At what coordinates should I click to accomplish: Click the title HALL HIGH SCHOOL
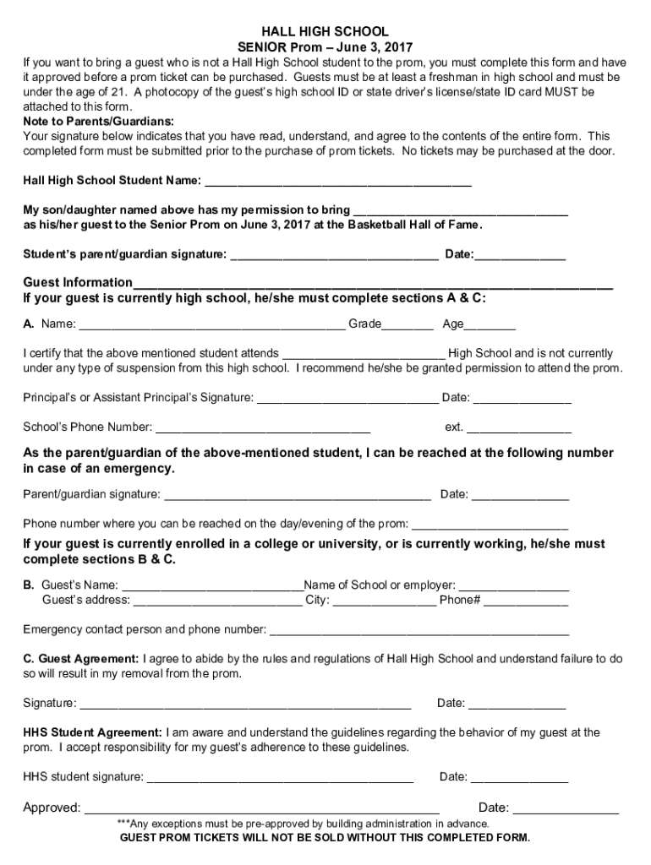325,31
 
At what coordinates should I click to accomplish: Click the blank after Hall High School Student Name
338,182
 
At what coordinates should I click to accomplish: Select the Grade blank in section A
408,325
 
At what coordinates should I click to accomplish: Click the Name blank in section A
211,325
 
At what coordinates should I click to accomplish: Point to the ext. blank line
518,428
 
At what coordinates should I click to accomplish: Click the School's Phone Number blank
263,428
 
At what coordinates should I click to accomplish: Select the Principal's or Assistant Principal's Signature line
347,399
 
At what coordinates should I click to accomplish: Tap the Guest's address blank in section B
217,601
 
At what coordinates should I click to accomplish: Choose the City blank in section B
385,601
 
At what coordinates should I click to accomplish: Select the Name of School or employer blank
514,585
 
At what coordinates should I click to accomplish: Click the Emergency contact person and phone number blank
419,631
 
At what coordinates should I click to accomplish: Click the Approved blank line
261,809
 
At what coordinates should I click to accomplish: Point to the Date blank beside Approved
566,809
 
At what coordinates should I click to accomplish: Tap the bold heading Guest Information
78,282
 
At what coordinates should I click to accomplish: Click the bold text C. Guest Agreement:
81,658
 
